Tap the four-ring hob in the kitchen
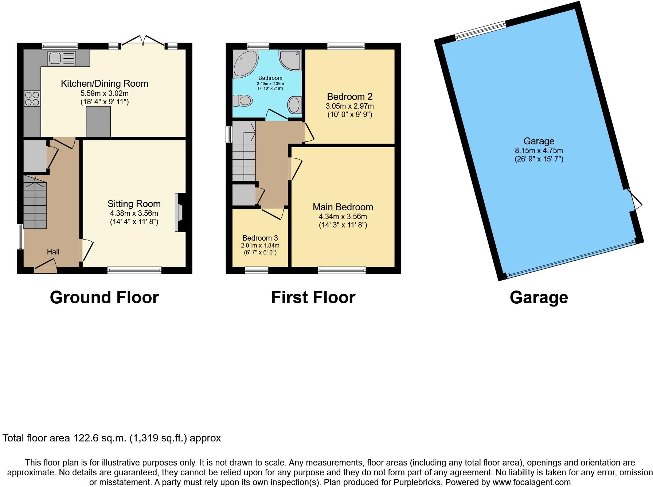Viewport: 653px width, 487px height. [32, 98]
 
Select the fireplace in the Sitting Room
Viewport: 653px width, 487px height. [179, 213]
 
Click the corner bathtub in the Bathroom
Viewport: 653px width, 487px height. [244, 63]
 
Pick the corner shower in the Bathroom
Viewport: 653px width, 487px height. [291, 59]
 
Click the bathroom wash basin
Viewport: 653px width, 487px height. [294, 105]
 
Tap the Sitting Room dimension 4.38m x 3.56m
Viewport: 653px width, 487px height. [134, 213]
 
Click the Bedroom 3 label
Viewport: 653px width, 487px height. [260, 238]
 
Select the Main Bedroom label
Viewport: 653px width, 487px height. [343, 207]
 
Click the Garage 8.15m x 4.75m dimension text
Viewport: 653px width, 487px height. [539, 151]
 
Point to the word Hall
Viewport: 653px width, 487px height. [53, 252]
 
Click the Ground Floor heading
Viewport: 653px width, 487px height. [104, 297]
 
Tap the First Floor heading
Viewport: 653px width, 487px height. [313, 297]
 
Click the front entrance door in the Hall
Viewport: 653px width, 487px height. [46, 267]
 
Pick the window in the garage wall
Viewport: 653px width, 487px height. [481, 31]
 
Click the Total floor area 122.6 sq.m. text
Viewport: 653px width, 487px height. [112, 438]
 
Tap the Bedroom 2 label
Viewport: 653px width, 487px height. [349, 97]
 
